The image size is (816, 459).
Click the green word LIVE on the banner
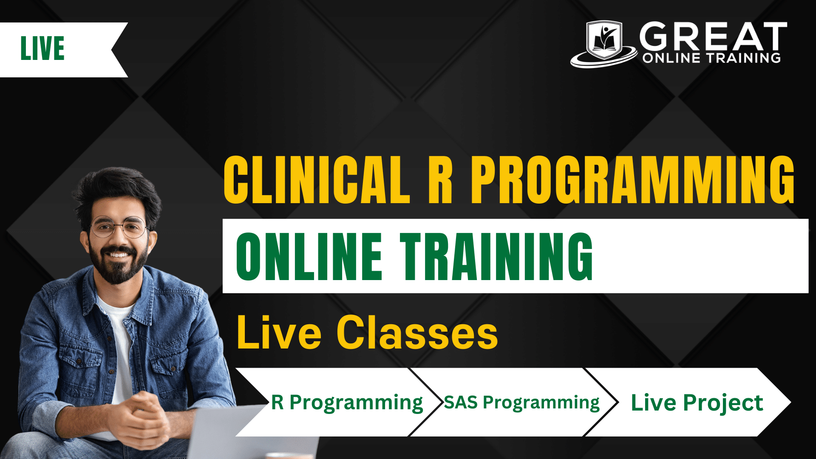tap(42, 48)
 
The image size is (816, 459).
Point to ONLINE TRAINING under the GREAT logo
tap(711, 58)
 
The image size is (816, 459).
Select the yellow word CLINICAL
tap(317, 180)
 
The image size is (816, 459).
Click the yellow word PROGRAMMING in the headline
tap(633, 180)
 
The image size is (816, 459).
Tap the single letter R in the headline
tap(440, 180)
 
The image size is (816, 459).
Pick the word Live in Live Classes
tap(279, 333)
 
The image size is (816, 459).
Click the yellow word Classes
tap(417, 333)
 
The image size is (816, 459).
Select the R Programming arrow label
tap(347, 403)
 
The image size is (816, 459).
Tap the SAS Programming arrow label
tap(521, 403)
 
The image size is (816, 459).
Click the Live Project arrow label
tap(697, 403)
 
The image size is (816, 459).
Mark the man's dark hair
tap(117, 191)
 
